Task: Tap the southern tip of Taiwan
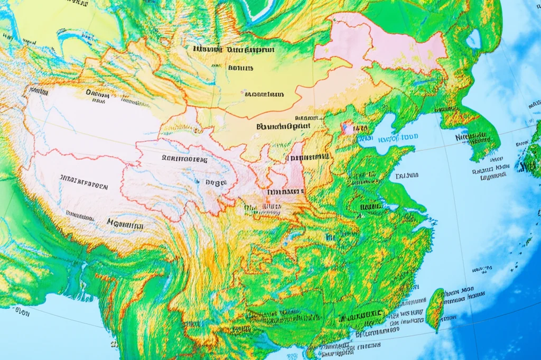[436, 329]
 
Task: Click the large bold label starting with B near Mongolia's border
[283, 127]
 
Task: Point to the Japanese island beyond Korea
[531, 159]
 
